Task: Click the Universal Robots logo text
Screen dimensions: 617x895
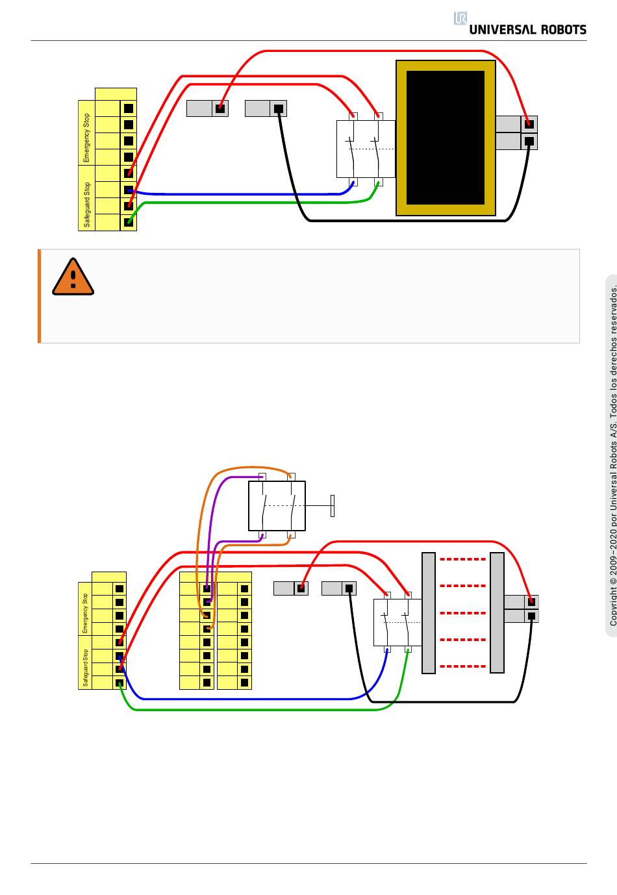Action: coord(527,30)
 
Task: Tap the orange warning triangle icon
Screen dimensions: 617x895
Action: coord(73,277)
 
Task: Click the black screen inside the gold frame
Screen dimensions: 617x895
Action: coord(445,138)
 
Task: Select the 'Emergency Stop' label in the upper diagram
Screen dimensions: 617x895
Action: coord(86,138)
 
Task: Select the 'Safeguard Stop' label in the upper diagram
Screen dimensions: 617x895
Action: coord(87,205)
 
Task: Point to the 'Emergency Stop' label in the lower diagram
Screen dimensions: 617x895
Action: coord(84,613)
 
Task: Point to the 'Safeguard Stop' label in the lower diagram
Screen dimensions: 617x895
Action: coord(85,668)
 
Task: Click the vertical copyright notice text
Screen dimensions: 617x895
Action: coord(613,455)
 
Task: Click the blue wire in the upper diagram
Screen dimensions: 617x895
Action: coord(240,194)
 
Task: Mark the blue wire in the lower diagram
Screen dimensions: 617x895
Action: coord(247,699)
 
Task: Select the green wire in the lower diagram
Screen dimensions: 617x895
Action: coord(256,710)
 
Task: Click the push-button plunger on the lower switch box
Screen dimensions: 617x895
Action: coord(332,505)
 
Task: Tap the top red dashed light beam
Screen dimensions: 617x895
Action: coord(462,559)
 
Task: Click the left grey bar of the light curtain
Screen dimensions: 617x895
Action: coord(429,613)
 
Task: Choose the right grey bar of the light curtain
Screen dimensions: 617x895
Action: coord(497,613)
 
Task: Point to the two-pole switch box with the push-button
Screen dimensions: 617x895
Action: coord(277,505)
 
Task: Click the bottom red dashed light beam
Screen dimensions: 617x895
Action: coord(462,666)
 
